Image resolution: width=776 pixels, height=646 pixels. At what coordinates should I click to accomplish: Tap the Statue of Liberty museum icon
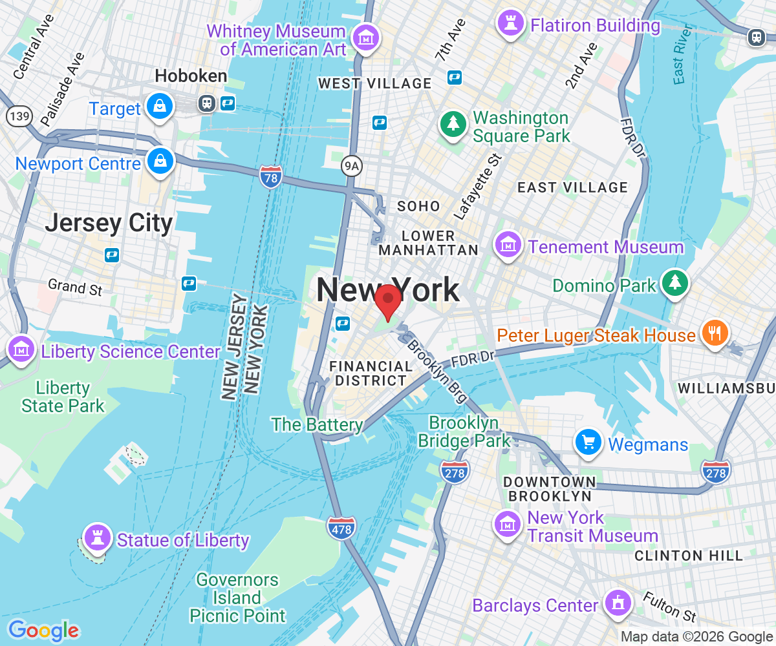(98, 536)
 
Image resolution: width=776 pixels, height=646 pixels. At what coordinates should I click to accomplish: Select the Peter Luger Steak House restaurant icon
(715, 333)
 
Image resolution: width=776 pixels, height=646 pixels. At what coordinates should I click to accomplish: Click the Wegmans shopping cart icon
(588, 443)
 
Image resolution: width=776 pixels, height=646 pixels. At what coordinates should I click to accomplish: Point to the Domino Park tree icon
(675, 282)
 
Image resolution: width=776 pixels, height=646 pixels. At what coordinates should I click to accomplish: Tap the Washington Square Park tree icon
(453, 123)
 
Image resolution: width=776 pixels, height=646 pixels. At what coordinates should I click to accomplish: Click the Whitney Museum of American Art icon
(367, 37)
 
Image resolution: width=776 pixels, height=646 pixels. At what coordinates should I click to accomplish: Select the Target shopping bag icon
(158, 106)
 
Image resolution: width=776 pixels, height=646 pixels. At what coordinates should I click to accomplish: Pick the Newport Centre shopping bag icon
(159, 161)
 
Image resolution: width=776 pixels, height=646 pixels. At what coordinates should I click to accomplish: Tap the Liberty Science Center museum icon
(22, 349)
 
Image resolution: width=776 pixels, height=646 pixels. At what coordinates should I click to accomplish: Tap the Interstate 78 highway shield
(270, 176)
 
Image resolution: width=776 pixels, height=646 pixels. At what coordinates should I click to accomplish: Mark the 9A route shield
(350, 167)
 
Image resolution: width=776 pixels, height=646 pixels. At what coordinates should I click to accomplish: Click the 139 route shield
(17, 116)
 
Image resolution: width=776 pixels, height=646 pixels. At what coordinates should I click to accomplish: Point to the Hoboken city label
(191, 76)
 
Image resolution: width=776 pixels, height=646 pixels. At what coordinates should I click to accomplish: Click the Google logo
(43, 630)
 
